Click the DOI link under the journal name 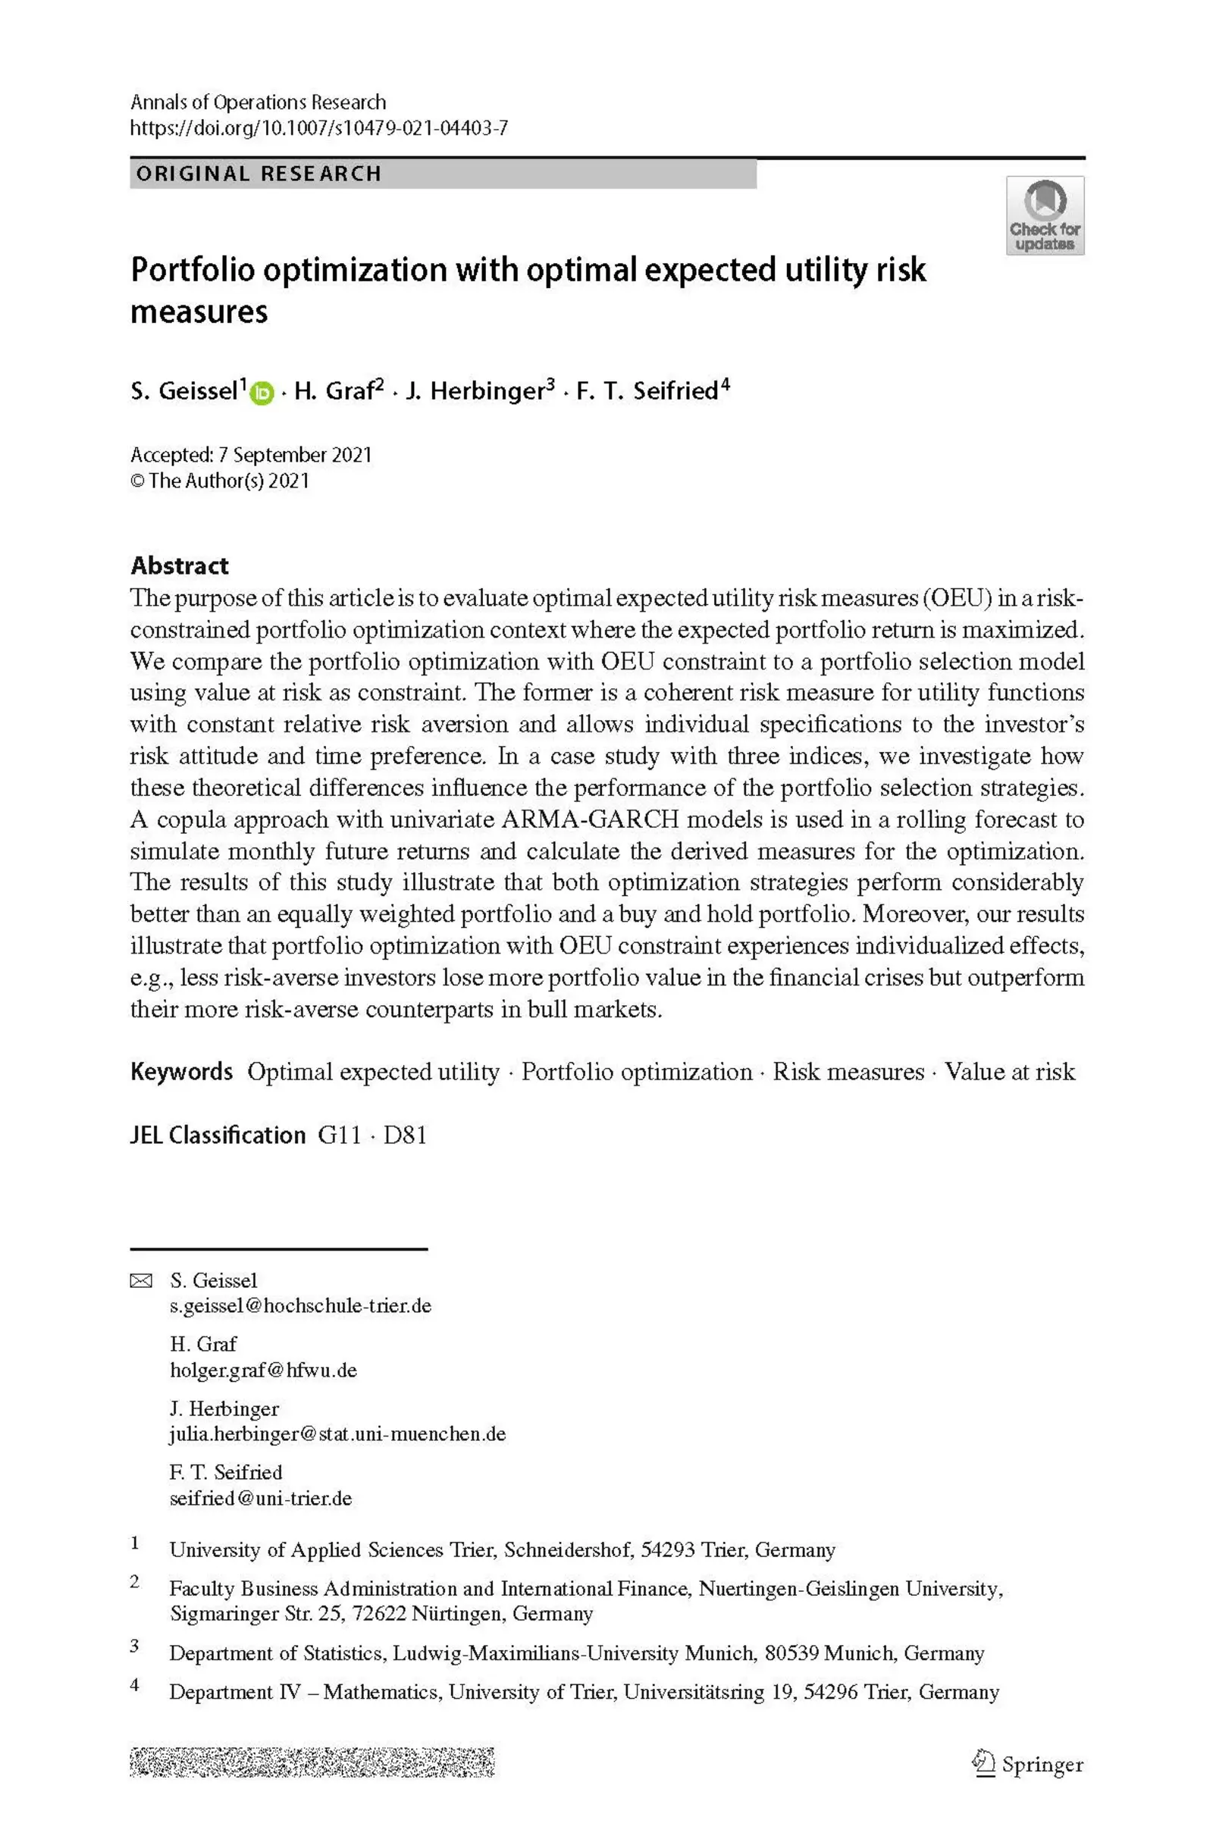click(x=318, y=127)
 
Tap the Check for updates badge click(x=1045, y=216)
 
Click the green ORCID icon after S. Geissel click(x=263, y=393)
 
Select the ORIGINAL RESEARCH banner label click(x=259, y=174)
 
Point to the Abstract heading click(x=180, y=565)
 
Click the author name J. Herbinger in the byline click(x=476, y=391)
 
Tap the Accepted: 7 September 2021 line click(x=251, y=455)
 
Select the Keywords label click(x=181, y=1072)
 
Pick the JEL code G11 click(x=340, y=1136)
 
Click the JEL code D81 click(x=406, y=1136)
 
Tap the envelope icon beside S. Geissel click(x=141, y=1281)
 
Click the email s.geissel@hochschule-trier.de click(x=300, y=1306)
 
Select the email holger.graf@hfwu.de click(x=263, y=1371)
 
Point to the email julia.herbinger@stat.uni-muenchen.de click(x=337, y=1433)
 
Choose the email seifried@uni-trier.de click(x=261, y=1498)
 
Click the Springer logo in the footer click(x=1028, y=1765)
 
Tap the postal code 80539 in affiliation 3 click(x=791, y=1653)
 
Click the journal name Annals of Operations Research click(x=258, y=102)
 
